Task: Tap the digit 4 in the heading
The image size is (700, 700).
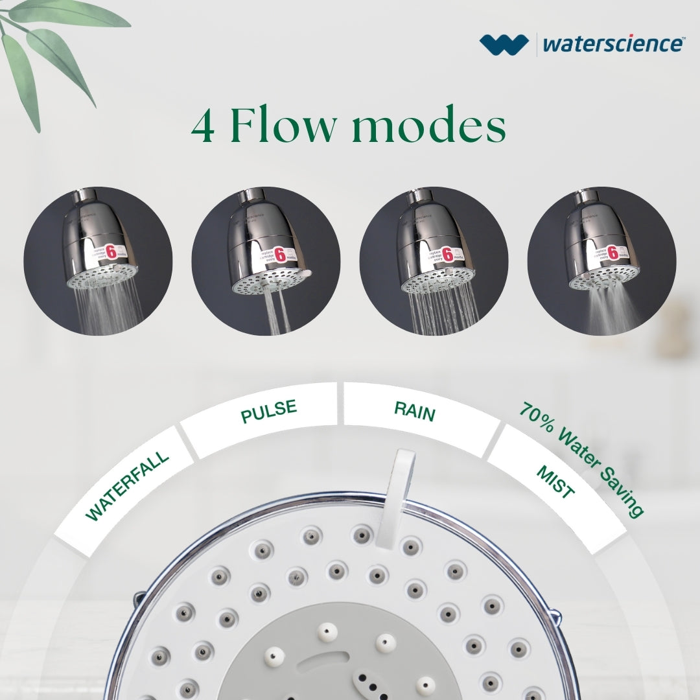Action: [204, 127]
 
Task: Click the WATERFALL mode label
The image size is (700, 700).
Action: [127, 485]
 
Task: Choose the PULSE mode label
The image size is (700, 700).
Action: [268, 412]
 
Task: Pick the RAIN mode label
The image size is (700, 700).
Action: [415, 411]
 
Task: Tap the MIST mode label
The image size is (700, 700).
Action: [555, 482]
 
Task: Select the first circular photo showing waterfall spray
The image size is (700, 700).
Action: [98, 261]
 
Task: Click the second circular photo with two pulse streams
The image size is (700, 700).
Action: [266, 261]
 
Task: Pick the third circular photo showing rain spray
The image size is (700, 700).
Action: [434, 261]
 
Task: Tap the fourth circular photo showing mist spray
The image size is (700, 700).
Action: [601, 261]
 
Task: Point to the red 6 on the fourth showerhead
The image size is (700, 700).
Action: [612, 253]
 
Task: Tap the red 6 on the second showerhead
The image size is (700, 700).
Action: [281, 255]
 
